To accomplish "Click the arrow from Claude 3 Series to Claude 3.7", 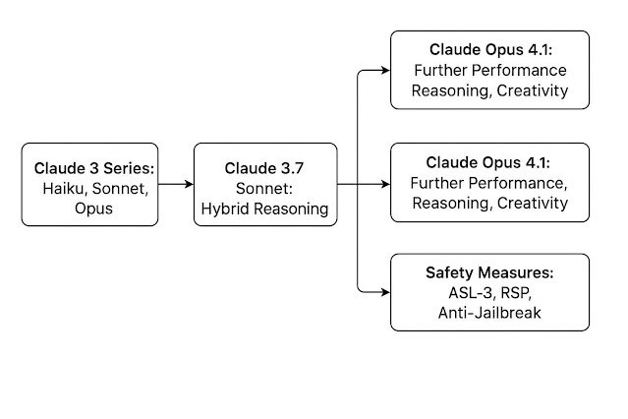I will [175, 184].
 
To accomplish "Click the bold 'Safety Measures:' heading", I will [489, 271].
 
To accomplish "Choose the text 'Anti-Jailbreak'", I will [489, 313].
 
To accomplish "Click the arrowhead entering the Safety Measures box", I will [384, 292].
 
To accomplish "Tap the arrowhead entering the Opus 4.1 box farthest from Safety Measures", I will [384, 70].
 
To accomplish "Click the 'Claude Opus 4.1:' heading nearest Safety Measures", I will [489, 161].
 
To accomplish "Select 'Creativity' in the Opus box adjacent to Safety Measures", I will [532, 203].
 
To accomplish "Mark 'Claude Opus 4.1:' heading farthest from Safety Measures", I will [489, 49].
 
